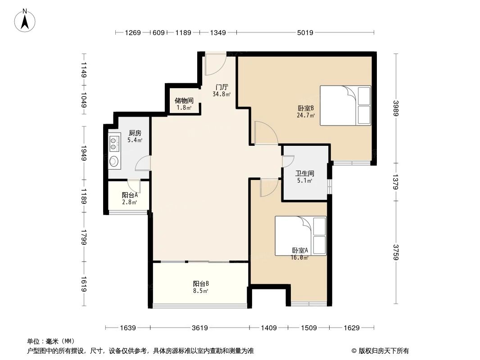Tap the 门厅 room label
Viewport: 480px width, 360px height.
222,87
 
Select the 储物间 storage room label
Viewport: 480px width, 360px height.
184,101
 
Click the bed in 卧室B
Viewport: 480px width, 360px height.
345,105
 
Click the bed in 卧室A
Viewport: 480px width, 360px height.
300,236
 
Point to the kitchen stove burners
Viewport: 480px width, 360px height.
114,143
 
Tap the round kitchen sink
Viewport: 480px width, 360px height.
114,161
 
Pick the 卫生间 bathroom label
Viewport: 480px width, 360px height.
304,173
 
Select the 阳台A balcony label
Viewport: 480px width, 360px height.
129,195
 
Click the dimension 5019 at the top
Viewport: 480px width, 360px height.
305,32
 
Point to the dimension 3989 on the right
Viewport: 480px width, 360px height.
396,108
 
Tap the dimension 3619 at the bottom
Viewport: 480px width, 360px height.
199,328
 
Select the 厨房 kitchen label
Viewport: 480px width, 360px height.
135,133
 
